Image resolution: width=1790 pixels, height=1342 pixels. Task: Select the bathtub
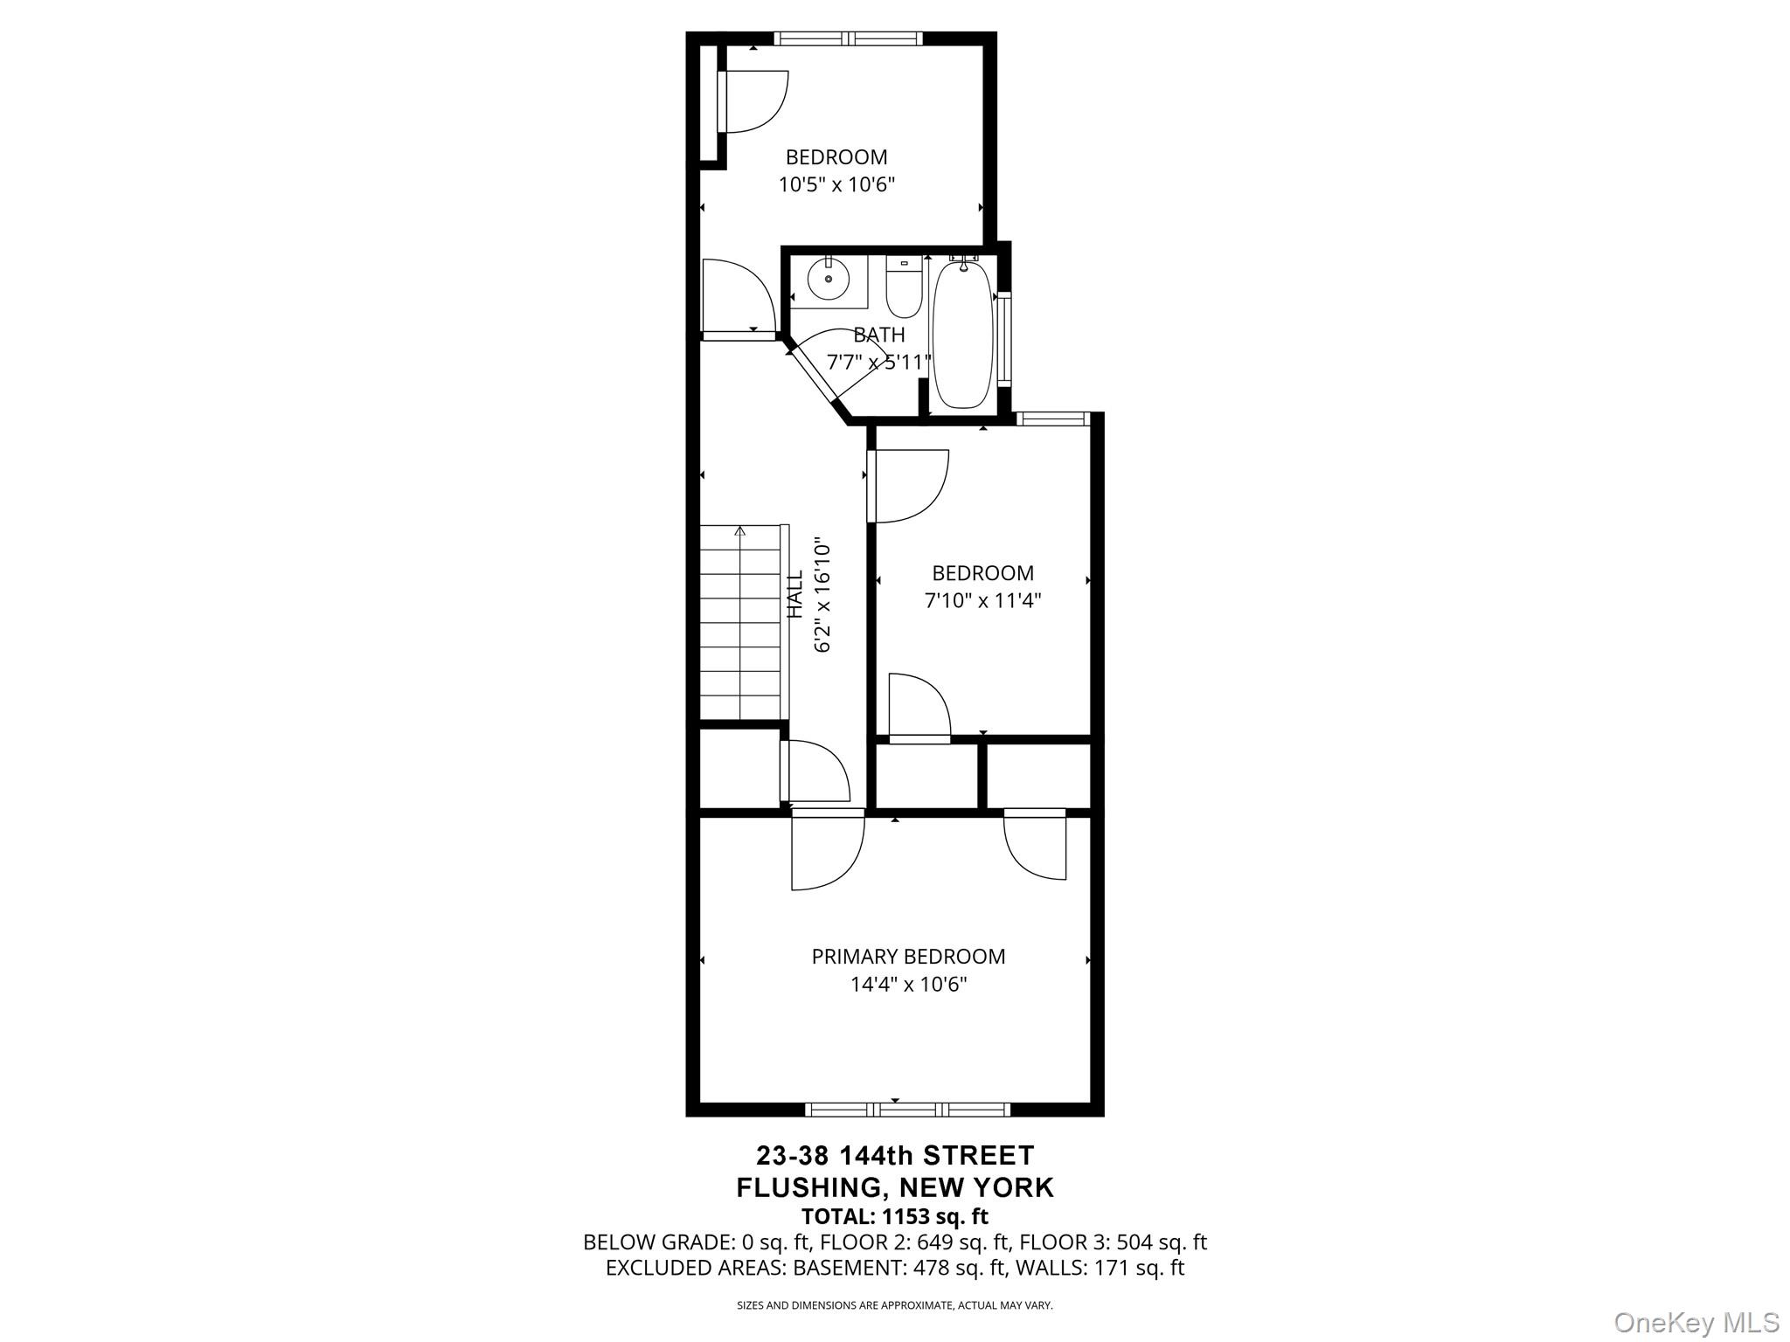tap(962, 334)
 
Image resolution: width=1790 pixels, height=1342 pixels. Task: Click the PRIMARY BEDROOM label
tap(908, 957)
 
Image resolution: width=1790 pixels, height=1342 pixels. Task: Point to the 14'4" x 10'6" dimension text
tap(908, 985)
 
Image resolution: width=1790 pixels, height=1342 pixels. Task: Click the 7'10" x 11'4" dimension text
tap(982, 601)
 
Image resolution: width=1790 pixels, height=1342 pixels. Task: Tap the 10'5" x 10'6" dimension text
tap(836, 185)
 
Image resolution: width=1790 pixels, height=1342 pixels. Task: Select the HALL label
tap(795, 595)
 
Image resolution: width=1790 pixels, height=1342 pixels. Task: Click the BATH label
tap(879, 335)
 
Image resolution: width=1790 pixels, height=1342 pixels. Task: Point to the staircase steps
tap(740, 622)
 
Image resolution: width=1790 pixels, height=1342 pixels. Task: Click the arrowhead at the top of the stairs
tap(740, 530)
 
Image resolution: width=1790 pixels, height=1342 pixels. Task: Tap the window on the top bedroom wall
tap(847, 38)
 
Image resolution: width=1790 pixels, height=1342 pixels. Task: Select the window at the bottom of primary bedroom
tap(907, 1110)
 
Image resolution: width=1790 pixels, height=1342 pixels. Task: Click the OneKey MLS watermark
tap(1696, 1322)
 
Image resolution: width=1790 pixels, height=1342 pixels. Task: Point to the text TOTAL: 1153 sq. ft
tap(895, 1216)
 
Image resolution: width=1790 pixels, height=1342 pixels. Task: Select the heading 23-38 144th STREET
tap(895, 1156)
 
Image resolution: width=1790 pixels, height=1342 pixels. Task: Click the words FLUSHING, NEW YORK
tap(895, 1187)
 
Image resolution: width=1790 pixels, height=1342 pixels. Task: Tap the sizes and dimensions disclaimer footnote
tap(895, 1305)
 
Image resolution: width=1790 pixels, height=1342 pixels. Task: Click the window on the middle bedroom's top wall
tap(1053, 419)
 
